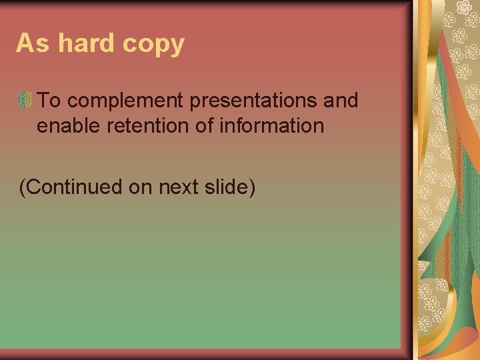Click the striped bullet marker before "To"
(x=25, y=101)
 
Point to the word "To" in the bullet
(x=49, y=101)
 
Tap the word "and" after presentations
(x=343, y=101)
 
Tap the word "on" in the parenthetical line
(x=141, y=188)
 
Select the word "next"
(x=181, y=188)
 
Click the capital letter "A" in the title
(x=25, y=43)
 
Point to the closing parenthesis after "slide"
(x=252, y=188)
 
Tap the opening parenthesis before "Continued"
(x=23, y=188)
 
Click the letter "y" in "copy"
(x=177, y=46)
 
